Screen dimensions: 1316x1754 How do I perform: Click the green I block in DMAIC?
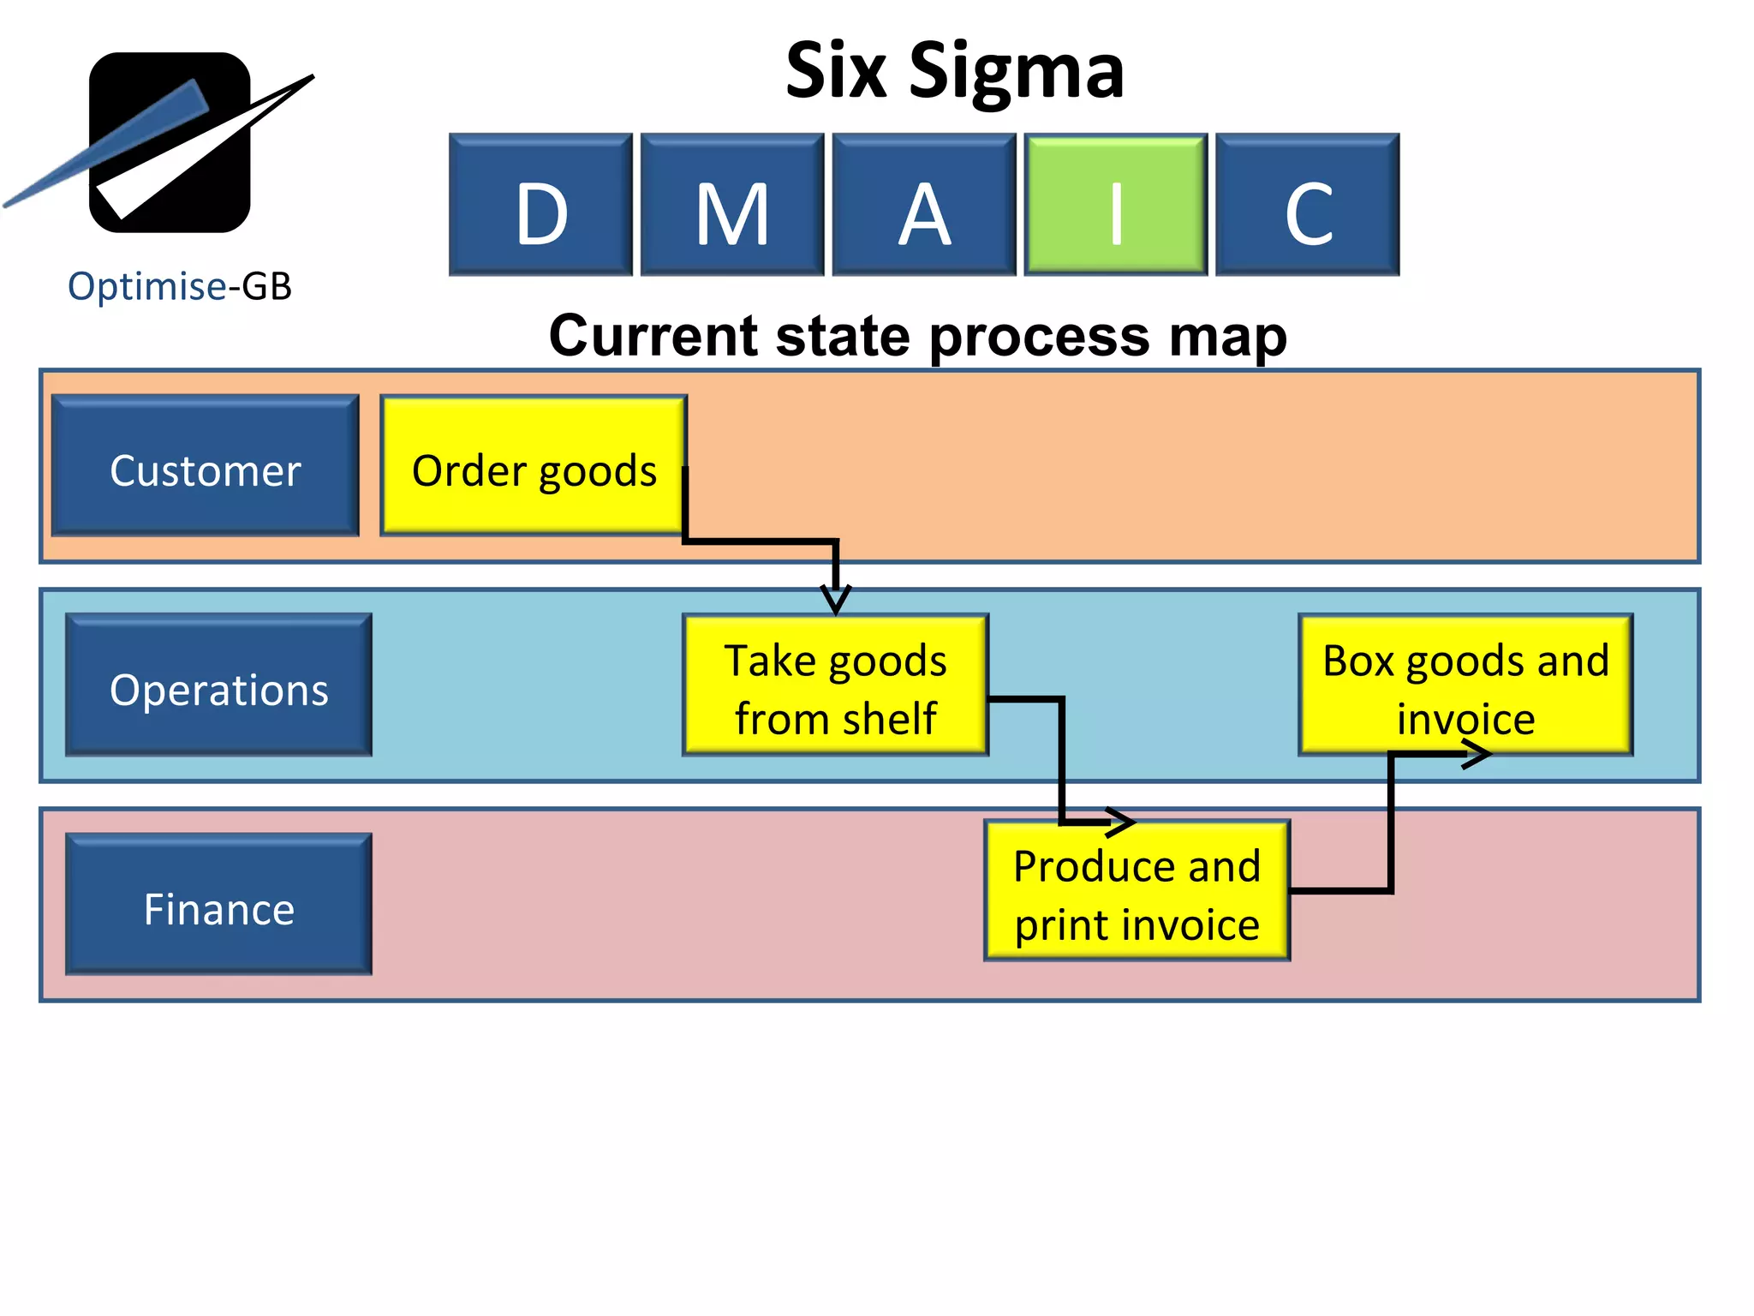(1115, 204)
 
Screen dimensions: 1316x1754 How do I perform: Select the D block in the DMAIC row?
(540, 204)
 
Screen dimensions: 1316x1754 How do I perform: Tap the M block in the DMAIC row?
(732, 204)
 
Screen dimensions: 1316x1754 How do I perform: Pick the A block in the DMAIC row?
(924, 204)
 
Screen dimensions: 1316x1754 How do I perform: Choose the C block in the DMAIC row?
(1307, 204)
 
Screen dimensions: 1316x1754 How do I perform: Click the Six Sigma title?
(954, 70)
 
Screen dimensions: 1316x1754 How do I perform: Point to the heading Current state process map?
(917, 335)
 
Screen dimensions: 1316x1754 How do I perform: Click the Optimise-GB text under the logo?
(180, 286)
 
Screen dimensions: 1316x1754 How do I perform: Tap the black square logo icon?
(170, 142)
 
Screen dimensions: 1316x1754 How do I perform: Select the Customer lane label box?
(206, 466)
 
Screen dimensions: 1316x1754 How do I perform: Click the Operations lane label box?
(219, 685)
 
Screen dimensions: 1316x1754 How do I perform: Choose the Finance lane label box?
(219, 904)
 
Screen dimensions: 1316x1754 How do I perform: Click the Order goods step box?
(534, 466)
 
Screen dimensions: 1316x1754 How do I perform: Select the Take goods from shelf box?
(835, 685)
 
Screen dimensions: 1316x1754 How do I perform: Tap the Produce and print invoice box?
(1137, 891)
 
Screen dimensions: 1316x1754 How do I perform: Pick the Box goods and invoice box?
(1465, 685)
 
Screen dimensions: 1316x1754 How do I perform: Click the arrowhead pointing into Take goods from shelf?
(836, 599)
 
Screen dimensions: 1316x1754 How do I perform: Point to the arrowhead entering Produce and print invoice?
(1120, 822)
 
